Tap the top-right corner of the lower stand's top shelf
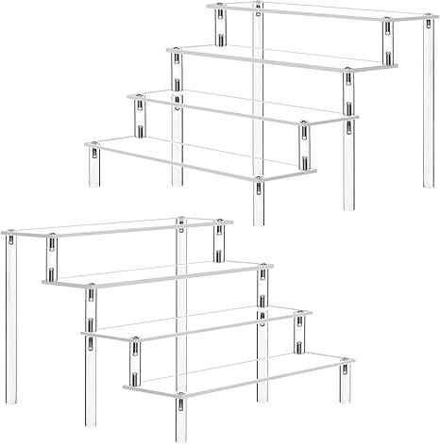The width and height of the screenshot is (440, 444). (x=229, y=222)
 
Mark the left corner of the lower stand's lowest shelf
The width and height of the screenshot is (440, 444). (x=126, y=386)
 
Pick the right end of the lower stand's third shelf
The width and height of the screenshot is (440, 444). (x=311, y=314)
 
